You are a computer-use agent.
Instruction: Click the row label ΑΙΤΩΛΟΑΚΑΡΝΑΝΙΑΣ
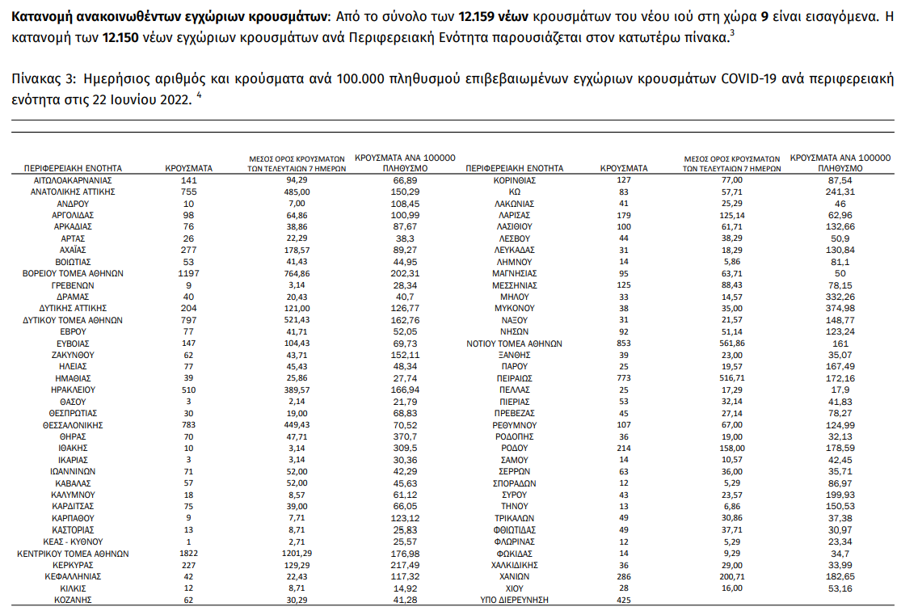tap(73, 180)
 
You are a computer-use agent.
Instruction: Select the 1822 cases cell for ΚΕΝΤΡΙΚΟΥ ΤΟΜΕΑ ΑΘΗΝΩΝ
tap(189, 554)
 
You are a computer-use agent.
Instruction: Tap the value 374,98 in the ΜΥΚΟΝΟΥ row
tap(840, 308)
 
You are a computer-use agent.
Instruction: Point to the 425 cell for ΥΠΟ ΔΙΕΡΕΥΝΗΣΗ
tap(623, 600)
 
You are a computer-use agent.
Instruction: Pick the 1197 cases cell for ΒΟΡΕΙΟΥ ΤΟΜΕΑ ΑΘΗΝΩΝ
tap(189, 273)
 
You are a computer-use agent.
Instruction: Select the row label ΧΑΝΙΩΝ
tap(514, 577)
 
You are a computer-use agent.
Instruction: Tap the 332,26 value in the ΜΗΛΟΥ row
tap(840, 297)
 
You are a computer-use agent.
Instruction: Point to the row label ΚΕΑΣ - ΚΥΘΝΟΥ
tap(73, 541)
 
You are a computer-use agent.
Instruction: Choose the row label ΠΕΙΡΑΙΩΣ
tap(514, 378)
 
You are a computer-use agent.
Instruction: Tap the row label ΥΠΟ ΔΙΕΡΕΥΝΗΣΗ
tap(514, 600)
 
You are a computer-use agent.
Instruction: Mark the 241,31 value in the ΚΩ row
tap(840, 192)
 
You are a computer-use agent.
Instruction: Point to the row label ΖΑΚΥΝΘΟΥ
tap(73, 355)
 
